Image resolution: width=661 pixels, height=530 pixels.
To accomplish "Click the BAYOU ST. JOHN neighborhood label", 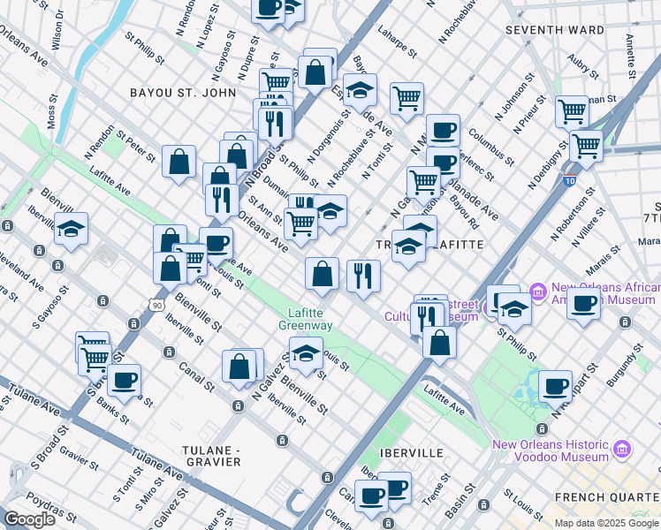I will click(x=183, y=93).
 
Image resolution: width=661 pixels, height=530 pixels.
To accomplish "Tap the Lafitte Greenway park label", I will click(x=306, y=319).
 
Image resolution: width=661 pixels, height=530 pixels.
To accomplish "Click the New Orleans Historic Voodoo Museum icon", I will click(x=622, y=450).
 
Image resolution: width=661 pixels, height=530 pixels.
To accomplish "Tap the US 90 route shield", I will click(x=157, y=305).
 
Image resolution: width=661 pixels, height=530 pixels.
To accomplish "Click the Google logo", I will click(x=30, y=519).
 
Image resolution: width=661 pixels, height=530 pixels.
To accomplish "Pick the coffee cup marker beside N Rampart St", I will click(x=554, y=386).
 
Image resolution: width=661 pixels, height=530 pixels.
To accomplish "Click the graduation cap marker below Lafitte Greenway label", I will click(x=306, y=354).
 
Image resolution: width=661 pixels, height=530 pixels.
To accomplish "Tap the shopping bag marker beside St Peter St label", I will click(x=179, y=162).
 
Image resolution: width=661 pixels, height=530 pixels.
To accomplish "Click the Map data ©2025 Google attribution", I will click(x=605, y=523).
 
